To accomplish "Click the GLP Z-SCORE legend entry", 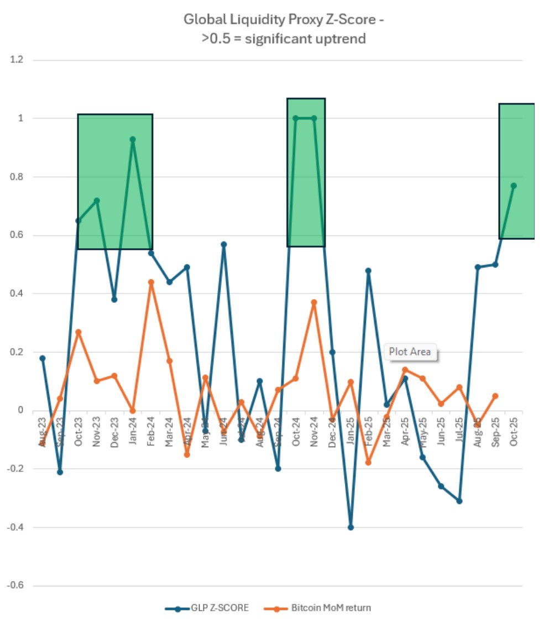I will [x=207, y=607].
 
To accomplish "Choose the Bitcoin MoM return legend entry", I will [x=323, y=607].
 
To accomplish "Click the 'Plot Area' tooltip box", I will [x=410, y=352].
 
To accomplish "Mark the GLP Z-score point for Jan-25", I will [x=351, y=527].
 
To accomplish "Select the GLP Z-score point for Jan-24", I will [x=133, y=139].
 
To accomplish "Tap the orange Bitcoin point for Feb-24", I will [x=151, y=282].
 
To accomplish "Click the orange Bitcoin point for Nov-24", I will [x=314, y=302].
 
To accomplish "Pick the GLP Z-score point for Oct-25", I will [x=514, y=186].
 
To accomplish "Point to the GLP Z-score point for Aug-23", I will [x=42, y=358].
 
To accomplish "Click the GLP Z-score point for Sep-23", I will [x=60, y=472].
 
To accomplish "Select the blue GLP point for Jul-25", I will [x=459, y=501].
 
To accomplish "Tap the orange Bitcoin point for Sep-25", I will [x=495, y=396].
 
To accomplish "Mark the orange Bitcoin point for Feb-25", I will [x=368, y=462].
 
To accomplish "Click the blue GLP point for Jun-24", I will [x=223, y=244].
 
